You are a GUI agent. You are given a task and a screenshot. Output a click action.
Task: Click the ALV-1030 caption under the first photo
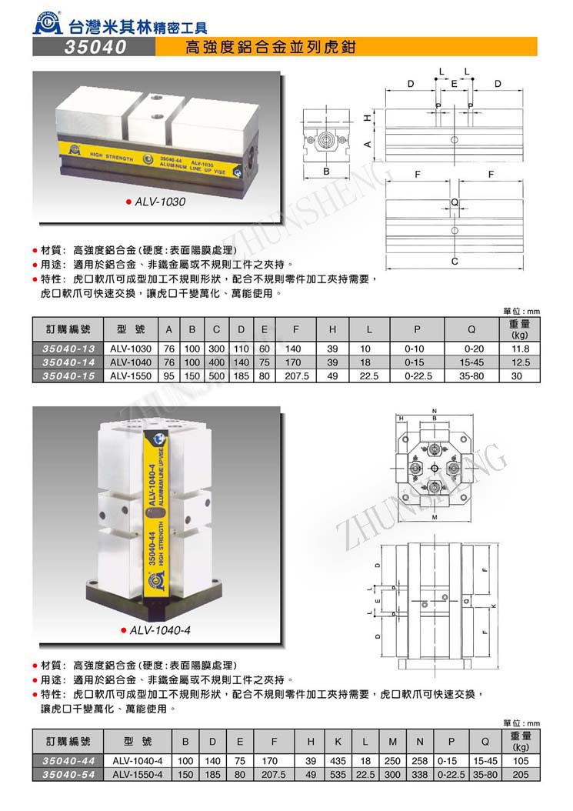[x=159, y=202]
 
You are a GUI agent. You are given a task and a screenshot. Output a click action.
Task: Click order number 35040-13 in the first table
[x=66, y=348]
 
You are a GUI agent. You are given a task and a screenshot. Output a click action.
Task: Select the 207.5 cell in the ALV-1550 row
[x=296, y=376]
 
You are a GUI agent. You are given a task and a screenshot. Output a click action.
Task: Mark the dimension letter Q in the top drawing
[x=455, y=202]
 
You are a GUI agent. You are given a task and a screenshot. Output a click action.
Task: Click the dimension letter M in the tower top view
[x=435, y=518]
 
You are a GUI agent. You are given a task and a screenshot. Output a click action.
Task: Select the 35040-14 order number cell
[x=66, y=362]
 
